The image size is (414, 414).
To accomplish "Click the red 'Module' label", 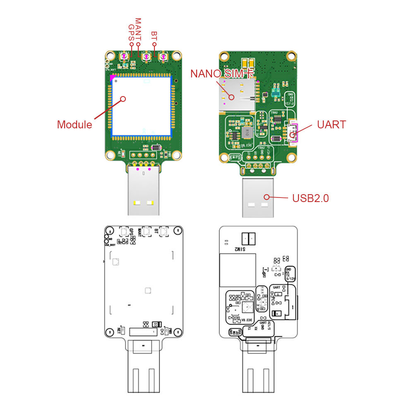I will (x=75, y=125).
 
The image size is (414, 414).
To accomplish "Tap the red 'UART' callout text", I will (x=331, y=125).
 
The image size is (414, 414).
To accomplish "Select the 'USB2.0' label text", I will (x=310, y=198).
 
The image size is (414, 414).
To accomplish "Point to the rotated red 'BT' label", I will (x=154, y=36).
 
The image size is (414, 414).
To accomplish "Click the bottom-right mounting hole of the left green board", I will (x=177, y=155).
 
